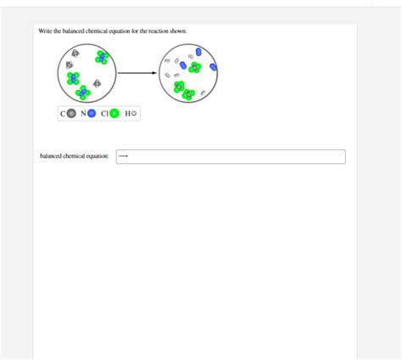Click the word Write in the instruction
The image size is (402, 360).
tap(45, 31)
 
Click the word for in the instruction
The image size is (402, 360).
tap(135, 31)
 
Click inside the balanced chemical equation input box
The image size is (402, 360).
tap(231, 156)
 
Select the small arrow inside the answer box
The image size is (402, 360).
tap(123, 156)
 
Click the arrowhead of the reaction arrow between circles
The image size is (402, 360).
tap(154, 73)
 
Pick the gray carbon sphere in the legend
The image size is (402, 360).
tap(71, 114)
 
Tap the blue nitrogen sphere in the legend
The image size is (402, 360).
tap(92, 114)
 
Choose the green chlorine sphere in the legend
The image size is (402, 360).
tap(114, 114)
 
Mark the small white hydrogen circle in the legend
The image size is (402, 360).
tap(134, 114)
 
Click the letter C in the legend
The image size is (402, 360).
tap(63, 114)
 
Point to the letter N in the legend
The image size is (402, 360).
tap(83, 114)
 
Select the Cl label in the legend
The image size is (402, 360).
tap(104, 114)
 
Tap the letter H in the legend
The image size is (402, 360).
tap(128, 114)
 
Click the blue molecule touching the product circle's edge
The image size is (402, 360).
tap(213, 67)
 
